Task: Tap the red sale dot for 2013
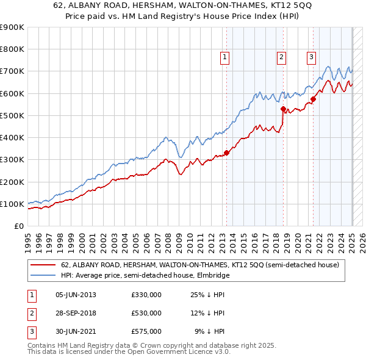coord(226,153)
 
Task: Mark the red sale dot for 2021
coord(313,99)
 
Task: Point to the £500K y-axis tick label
coord(12,115)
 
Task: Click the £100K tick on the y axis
coord(12,204)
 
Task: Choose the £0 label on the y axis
coord(18,226)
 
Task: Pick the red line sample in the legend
coord(43,265)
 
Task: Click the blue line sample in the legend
coord(43,276)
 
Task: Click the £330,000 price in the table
coord(146,295)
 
